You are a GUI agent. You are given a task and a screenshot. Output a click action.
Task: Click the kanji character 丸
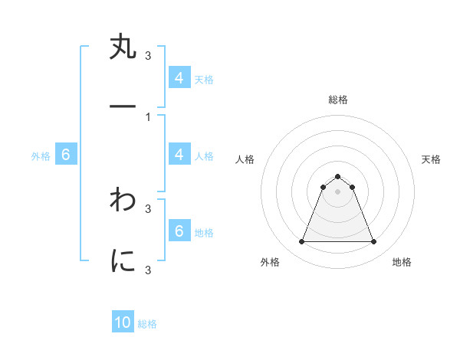click(x=123, y=48)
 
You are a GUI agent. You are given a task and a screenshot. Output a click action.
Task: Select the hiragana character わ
click(x=123, y=201)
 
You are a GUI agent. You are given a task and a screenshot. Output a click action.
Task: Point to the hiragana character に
click(x=123, y=261)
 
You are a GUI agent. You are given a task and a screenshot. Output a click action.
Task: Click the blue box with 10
click(x=123, y=322)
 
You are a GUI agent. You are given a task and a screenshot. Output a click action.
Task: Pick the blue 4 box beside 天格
click(x=179, y=77)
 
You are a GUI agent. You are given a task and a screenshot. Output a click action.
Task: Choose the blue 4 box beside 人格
click(x=179, y=155)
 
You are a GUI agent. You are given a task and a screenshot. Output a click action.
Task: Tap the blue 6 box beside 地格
click(x=179, y=231)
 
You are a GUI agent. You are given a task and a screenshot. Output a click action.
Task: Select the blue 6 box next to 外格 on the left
click(x=66, y=155)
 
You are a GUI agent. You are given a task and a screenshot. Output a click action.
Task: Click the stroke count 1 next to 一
click(x=147, y=116)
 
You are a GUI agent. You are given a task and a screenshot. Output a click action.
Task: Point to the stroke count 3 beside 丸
click(x=147, y=55)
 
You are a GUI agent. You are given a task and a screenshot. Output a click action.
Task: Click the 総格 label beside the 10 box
click(x=147, y=324)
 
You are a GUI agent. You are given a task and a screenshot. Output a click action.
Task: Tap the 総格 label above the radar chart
click(x=337, y=100)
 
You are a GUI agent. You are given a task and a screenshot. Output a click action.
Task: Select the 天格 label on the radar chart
click(x=431, y=159)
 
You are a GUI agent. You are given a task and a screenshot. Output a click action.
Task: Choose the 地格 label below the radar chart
click(x=402, y=262)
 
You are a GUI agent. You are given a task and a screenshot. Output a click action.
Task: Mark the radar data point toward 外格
click(x=301, y=242)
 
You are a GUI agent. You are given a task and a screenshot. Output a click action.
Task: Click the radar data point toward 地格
click(x=373, y=242)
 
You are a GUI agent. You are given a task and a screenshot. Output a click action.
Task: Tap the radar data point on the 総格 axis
click(x=337, y=176)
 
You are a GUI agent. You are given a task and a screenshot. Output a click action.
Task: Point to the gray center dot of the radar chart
click(x=337, y=191)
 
